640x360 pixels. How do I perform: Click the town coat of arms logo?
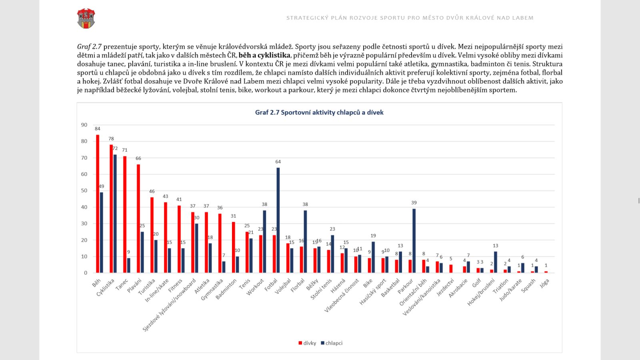(x=86, y=18)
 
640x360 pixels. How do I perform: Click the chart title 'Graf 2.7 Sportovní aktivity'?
(x=319, y=112)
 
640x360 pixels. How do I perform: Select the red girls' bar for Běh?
(x=98, y=204)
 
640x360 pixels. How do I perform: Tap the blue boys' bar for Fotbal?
(x=278, y=220)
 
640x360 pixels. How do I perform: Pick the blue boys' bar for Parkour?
(x=414, y=241)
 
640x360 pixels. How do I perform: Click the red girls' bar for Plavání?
(x=138, y=218)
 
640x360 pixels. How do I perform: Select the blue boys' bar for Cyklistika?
(x=115, y=214)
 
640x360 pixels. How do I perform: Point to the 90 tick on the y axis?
(x=84, y=125)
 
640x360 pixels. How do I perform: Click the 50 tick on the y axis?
(x=84, y=190)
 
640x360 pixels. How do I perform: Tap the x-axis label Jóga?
(x=544, y=284)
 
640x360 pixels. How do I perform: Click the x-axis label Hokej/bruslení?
(x=481, y=292)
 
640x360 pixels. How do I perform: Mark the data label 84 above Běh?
(x=98, y=129)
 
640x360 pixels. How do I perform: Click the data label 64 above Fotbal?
(x=278, y=162)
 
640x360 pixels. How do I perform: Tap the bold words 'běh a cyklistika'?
(x=264, y=55)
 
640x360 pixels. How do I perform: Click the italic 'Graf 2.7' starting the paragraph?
(x=89, y=47)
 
